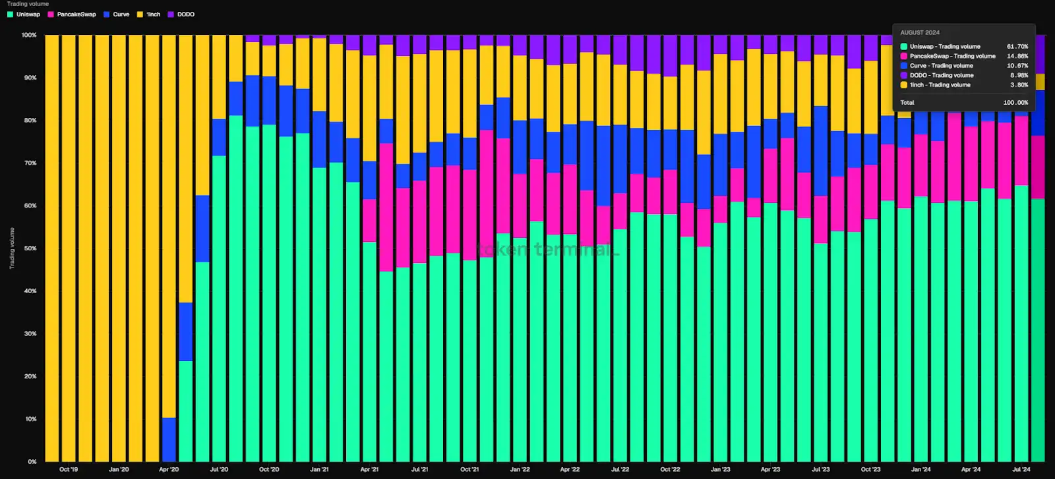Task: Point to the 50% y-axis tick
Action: click(30, 248)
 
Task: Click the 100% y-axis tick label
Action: click(29, 35)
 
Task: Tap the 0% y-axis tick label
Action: click(32, 461)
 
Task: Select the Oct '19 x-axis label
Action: click(69, 470)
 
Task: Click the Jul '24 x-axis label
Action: click(1021, 470)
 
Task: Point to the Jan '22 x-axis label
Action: click(520, 470)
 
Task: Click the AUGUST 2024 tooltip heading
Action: click(920, 32)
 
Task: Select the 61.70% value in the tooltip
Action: click(1017, 47)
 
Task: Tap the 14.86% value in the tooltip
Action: click(1017, 56)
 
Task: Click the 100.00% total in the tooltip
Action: click(1015, 103)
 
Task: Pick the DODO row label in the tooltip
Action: click(942, 75)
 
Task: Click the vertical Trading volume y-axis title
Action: click(12, 248)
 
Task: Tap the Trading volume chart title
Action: click(28, 4)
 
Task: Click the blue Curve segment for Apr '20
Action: click(169, 439)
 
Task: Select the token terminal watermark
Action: click(547, 250)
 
